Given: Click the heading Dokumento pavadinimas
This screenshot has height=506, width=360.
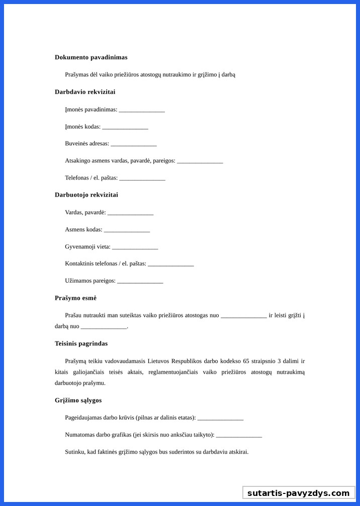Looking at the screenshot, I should coord(91,57).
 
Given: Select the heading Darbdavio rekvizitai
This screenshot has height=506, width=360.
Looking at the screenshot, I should coord(85,92).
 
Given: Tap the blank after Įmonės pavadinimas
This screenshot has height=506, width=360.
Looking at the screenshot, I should coord(142,110).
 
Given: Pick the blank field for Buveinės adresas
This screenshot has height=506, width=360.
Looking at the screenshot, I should coord(133,144).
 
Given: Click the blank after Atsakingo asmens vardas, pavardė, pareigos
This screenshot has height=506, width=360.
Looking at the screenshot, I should coord(200,161).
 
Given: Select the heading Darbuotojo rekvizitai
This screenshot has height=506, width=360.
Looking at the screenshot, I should coord(86,195).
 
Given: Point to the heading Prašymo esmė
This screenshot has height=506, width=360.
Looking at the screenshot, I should coord(75,298).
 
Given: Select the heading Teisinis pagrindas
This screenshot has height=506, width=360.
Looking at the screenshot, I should coord(81,344).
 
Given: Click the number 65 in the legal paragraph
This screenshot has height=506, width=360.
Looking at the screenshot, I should coord(246,361).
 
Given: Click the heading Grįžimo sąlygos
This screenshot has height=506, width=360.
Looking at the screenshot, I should coord(78,400).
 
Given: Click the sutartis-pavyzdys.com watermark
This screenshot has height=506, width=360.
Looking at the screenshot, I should coord(299,493).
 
